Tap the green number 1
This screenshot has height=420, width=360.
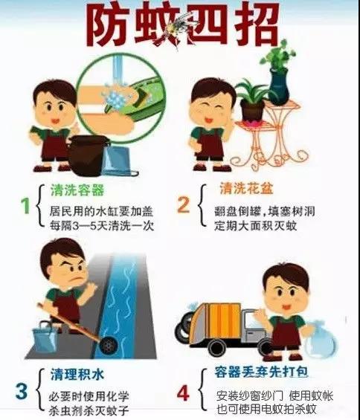25,205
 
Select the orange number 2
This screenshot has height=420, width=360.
184,205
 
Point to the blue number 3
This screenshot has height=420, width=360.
21,391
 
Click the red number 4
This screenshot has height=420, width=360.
183,393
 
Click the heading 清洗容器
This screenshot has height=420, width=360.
77,190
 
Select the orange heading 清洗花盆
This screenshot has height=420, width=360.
246,188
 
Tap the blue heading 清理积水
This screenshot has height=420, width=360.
77,374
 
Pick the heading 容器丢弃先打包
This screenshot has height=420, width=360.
261,372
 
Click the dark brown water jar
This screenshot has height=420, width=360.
89,155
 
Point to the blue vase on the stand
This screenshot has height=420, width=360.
279,85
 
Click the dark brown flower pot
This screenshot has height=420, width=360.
252,111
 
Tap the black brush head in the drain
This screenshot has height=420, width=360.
109,345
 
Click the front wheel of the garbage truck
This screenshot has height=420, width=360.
217,347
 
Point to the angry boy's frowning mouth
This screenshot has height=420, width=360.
76,279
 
